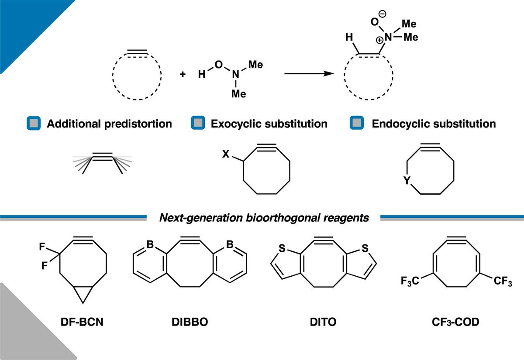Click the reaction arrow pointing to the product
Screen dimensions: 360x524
click(306, 74)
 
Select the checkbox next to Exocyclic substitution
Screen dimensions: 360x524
click(197, 123)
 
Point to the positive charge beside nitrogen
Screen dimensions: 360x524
click(381, 39)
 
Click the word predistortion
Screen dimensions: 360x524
click(141, 124)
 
